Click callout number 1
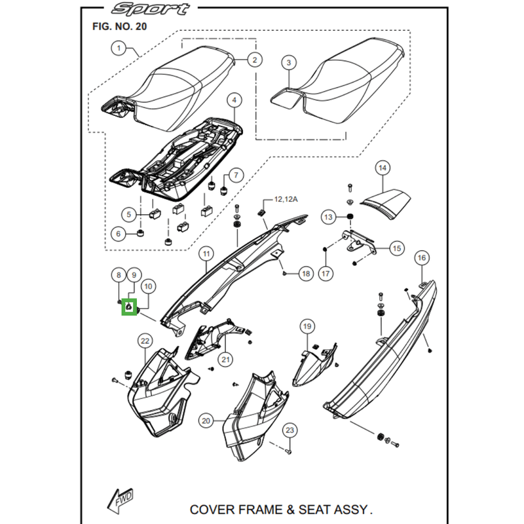click(x=119, y=48)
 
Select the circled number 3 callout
click(x=288, y=63)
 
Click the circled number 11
click(x=206, y=253)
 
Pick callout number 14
click(x=383, y=169)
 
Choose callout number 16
click(x=421, y=257)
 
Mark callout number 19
click(x=307, y=326)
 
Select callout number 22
click(x=145, y=340)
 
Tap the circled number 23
click(x=290, y=430)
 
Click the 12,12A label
click(x=286, y=198)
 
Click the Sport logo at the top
click(x=151, y=9)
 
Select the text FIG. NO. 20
click(x=116, y=27)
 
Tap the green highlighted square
click(x=129, y=306)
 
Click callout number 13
click(x=328, y=217)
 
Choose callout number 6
click(x=119, y=233)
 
